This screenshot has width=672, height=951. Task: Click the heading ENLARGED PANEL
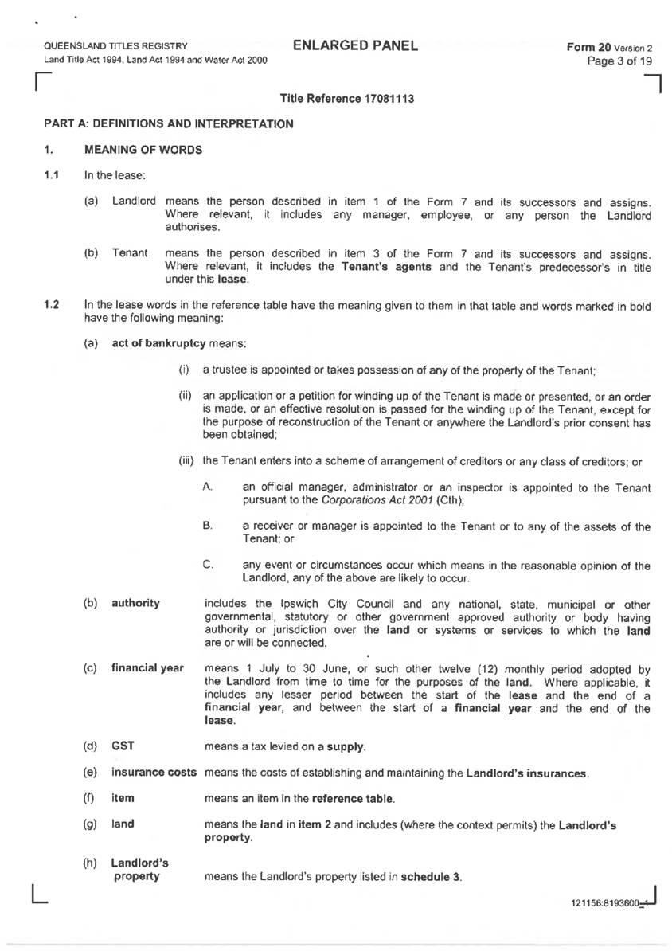(355, 45)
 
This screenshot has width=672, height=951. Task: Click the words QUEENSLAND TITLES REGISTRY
(115, 46)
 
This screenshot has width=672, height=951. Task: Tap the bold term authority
(135, 603)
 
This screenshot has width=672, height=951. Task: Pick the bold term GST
(122, 746)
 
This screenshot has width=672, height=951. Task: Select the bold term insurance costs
(155, 773)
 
